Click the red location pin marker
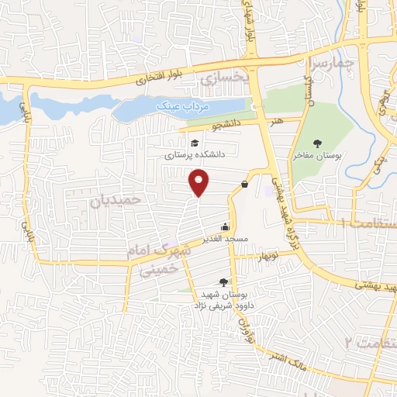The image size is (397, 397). [x=200, y=182]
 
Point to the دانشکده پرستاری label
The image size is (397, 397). [x=194, y=155]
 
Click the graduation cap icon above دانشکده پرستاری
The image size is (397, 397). [x=195, y=143]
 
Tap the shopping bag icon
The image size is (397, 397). [x=245, y=184]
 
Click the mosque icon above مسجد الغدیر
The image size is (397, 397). [x=225, y=226]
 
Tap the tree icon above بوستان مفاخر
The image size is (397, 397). [x=318, y=143]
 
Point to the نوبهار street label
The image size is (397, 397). [x=268, y=255]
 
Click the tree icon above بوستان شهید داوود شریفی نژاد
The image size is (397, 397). [x=225, y=282]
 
